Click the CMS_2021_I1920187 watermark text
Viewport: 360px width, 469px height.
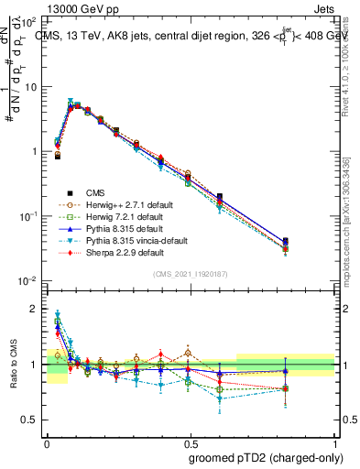click(191, 274)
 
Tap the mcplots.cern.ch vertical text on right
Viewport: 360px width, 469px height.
click(353, 220)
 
